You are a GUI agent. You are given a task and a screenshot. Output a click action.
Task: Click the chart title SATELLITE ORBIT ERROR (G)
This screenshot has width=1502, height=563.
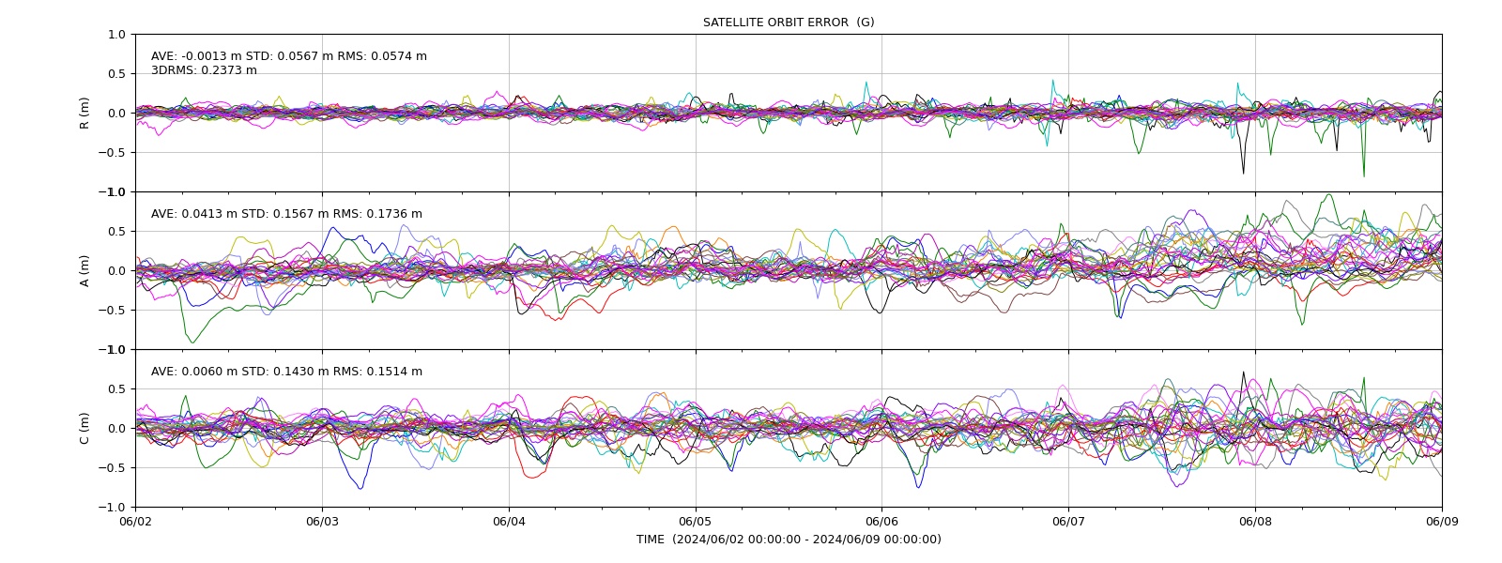pyautogui.click(x=789, y=23)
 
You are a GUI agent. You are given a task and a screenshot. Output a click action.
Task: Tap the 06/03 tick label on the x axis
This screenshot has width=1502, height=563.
pyautogui.click(x=322, y=522)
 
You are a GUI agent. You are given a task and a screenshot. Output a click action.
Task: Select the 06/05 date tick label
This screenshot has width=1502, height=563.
pyautogui.click(x=696, y=522)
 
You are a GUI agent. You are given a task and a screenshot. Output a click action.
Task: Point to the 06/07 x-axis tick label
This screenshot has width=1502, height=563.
pyautogui.click(x=1068, y=522)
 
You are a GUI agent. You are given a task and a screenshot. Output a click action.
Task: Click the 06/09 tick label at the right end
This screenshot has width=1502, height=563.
pyautogui.click(x=1442, y=522)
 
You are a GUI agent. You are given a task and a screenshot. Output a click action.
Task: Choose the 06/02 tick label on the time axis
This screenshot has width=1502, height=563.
pyautogui.click(x=135, y=522)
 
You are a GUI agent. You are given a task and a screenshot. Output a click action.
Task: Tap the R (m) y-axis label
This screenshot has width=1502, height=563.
pyautogui.click(x=84, y=114)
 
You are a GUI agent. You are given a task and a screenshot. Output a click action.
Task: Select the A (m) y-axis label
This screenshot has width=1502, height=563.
pyautogui.click(x=84, y=271)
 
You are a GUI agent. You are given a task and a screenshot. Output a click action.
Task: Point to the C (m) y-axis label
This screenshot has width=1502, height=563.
pyautogui.click(x=84, y=428)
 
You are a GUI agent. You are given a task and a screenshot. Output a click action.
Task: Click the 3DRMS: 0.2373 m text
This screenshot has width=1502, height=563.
pyautogui.click(x=204, y=70)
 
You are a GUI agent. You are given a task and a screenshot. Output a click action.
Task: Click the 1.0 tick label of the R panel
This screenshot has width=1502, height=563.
pyautogui.click(x=116, y=35)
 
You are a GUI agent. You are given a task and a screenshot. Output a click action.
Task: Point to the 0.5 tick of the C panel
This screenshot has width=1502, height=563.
pyautogui.click(x=116, y=389)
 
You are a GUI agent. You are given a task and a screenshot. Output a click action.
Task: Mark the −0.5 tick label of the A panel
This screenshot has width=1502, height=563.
pyautogui.click(x=112, y=311)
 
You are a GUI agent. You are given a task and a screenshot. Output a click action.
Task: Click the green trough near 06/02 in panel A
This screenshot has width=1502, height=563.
pyautogui.click(x=192, y=342)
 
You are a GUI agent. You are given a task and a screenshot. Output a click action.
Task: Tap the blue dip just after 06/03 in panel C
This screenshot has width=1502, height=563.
pyautogui.click(x=360, y=488)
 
